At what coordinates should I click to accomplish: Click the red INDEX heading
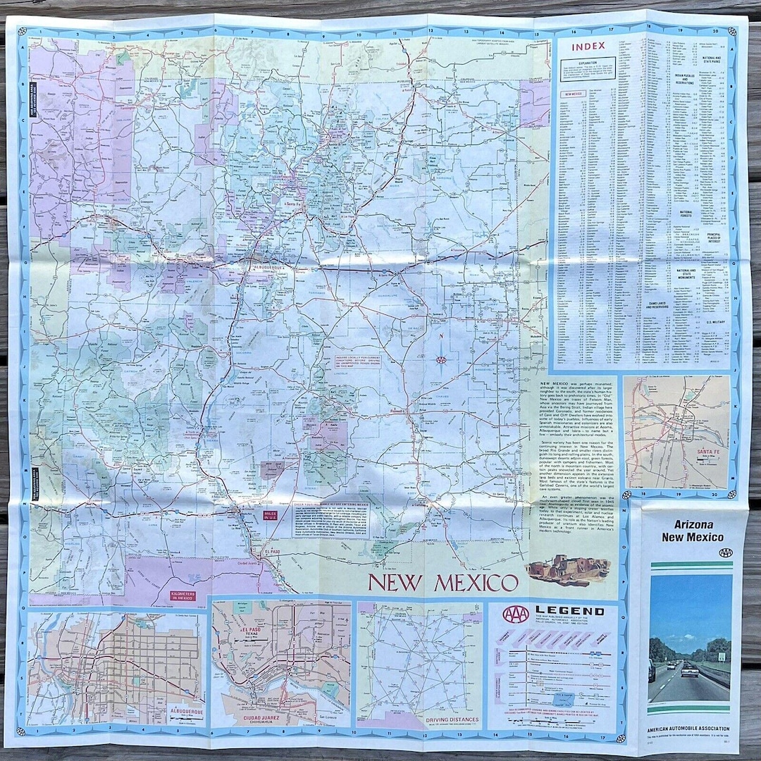588,47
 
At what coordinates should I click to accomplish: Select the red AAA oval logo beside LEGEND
516,614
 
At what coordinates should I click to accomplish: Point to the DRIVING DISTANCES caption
453,720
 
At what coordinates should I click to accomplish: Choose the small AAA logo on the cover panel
726,552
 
